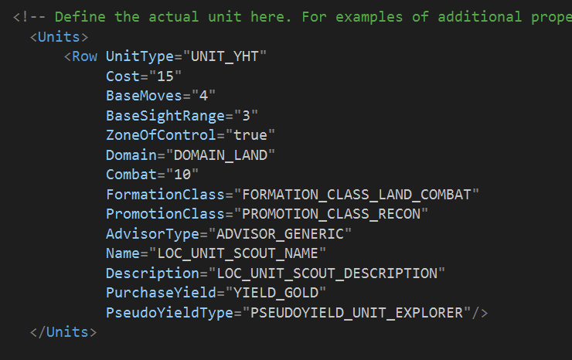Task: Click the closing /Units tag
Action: coord(66,332)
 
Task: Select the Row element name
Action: coord(84,56)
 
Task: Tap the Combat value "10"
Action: coord(185,175)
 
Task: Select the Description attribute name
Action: coord(152,273)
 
